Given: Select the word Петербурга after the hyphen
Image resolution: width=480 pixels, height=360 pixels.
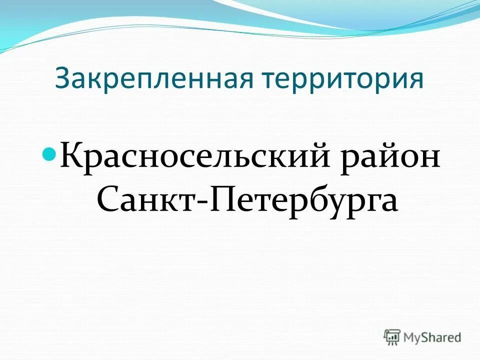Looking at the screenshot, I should tap(304, 201).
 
